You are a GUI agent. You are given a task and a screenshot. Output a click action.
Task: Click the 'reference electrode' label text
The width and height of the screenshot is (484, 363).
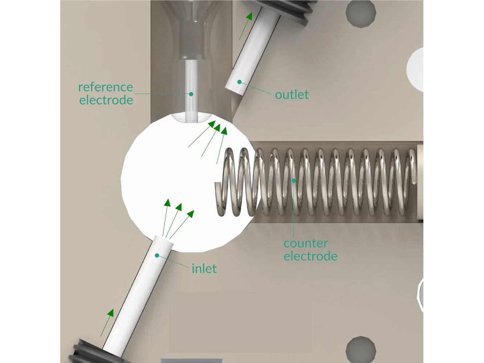click(x=106, y=93)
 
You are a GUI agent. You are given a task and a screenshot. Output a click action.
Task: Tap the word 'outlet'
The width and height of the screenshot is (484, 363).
click(x=292, y=95)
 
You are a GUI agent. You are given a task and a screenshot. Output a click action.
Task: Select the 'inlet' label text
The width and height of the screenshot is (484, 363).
click(x=204, y=269)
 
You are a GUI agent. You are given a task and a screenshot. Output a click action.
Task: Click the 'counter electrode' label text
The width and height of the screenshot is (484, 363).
click(x=310, y=250)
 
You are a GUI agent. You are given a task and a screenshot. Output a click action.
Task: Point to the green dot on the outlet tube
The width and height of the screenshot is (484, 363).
click(x=239, y=82)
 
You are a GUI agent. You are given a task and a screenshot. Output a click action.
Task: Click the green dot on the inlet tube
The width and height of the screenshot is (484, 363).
click(x=157, y=256)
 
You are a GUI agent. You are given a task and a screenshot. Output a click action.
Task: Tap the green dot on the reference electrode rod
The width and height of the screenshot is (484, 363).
click(x=191, y=94)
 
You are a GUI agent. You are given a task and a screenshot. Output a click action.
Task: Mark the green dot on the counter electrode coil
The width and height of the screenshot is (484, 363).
click(x=293, y=180)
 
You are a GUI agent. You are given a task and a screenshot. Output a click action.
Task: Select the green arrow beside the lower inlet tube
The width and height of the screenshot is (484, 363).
click(x=107, y=322)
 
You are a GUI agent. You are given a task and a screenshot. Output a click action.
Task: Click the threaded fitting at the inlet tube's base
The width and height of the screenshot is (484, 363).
click(x=91, y=351)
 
